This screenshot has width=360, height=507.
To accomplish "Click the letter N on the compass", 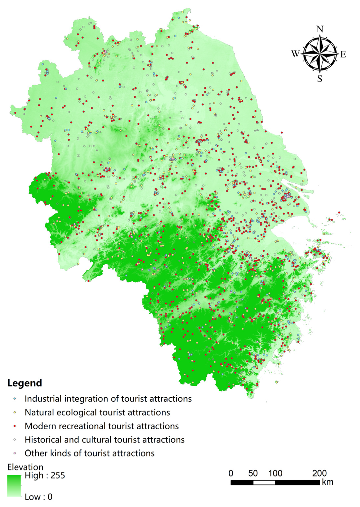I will [x=320, y=29].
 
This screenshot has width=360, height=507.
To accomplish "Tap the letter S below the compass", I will [x=320, y=79].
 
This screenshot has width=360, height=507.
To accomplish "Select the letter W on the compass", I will [x=295, y=54].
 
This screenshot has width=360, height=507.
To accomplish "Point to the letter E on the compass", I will [x=343, y=54].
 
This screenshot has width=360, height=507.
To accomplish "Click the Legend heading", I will [x=25, y=383].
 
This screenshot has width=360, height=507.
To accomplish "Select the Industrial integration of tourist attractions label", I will [x=108, y=399].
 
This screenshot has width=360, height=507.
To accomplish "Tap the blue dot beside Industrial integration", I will [x=15, y=399].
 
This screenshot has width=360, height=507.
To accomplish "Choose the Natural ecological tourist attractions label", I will [x=97, y=413].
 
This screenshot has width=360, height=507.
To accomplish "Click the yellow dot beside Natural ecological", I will [x=15, y=413].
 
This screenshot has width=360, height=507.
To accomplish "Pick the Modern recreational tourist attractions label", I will [x=102, y=426].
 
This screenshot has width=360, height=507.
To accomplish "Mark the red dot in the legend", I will [x=15, y=426].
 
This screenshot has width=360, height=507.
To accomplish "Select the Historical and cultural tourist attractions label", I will [x=105, y=440].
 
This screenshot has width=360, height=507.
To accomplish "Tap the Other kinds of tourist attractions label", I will [x=90, y=453].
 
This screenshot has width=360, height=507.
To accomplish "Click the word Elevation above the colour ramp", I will [x=25, y=467].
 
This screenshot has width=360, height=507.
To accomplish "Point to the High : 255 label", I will [x=45, y=476].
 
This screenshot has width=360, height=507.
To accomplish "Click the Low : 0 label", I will [x=39, y=497].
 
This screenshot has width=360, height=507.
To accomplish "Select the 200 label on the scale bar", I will [x=319, y=473].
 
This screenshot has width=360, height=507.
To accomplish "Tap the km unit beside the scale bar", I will [x=327, y=482].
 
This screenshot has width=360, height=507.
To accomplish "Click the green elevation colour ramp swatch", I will [x=14, y=486].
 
